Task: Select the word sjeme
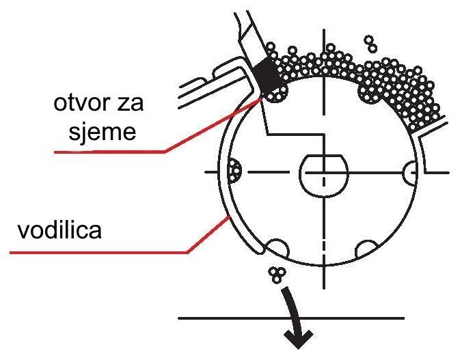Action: [x=103, y=132]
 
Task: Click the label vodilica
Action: [x=59, y=230]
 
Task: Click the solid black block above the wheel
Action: [x=267, y=76]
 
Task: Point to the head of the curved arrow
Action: [x=298, y=339]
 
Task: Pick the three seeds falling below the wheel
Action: [x=277, y=275]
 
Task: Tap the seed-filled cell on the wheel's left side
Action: [x=234, y=171]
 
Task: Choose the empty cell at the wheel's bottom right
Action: [x=366, y=249]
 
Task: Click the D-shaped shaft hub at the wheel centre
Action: [x=324, y=176]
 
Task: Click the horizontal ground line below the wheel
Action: [x=291, y=318]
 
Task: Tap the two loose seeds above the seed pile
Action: [x=370, y=44]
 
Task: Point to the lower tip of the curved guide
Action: [x=260, y=251]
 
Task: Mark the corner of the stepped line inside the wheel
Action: [x=324, y=135]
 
